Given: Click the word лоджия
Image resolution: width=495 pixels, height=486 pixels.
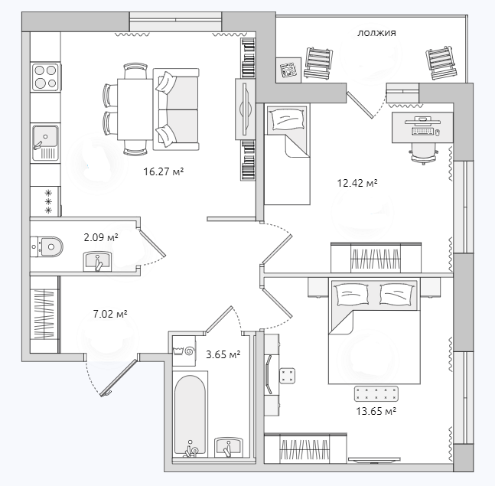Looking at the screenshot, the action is point(376,33).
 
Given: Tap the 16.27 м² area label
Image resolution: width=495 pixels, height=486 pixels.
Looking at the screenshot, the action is point(164,171).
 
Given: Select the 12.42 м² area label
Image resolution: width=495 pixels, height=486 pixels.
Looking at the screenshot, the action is point(357,183).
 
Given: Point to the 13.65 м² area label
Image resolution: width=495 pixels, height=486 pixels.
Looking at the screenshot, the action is point(376,411).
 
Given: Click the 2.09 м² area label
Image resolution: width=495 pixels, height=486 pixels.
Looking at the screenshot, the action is point(101,236).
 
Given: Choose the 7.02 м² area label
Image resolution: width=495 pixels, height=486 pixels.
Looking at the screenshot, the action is point(110,314).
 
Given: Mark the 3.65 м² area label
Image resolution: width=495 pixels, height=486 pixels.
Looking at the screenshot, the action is point(223,354).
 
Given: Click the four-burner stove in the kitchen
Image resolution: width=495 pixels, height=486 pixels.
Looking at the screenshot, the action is point(46,77).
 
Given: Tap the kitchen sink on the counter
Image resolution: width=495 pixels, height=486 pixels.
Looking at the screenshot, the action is point(46,142).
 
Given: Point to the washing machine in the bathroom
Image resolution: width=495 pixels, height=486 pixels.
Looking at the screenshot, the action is point(184,351).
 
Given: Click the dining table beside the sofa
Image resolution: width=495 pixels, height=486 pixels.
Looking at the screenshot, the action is point(135,109).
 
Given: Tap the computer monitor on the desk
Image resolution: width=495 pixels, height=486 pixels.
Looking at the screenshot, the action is point(423,120).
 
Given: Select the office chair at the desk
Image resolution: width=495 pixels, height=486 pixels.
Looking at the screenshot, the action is point(423,152).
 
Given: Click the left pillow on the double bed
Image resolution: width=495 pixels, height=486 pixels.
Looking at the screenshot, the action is point(352,294).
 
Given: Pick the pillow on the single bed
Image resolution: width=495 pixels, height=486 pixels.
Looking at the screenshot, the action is point(287,119).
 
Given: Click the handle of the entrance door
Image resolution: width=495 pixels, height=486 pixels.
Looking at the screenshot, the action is point(106,393).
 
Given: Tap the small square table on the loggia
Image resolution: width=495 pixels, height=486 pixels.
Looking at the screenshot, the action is point(288,70).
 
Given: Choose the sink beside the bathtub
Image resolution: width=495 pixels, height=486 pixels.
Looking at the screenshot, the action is point(229,446).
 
